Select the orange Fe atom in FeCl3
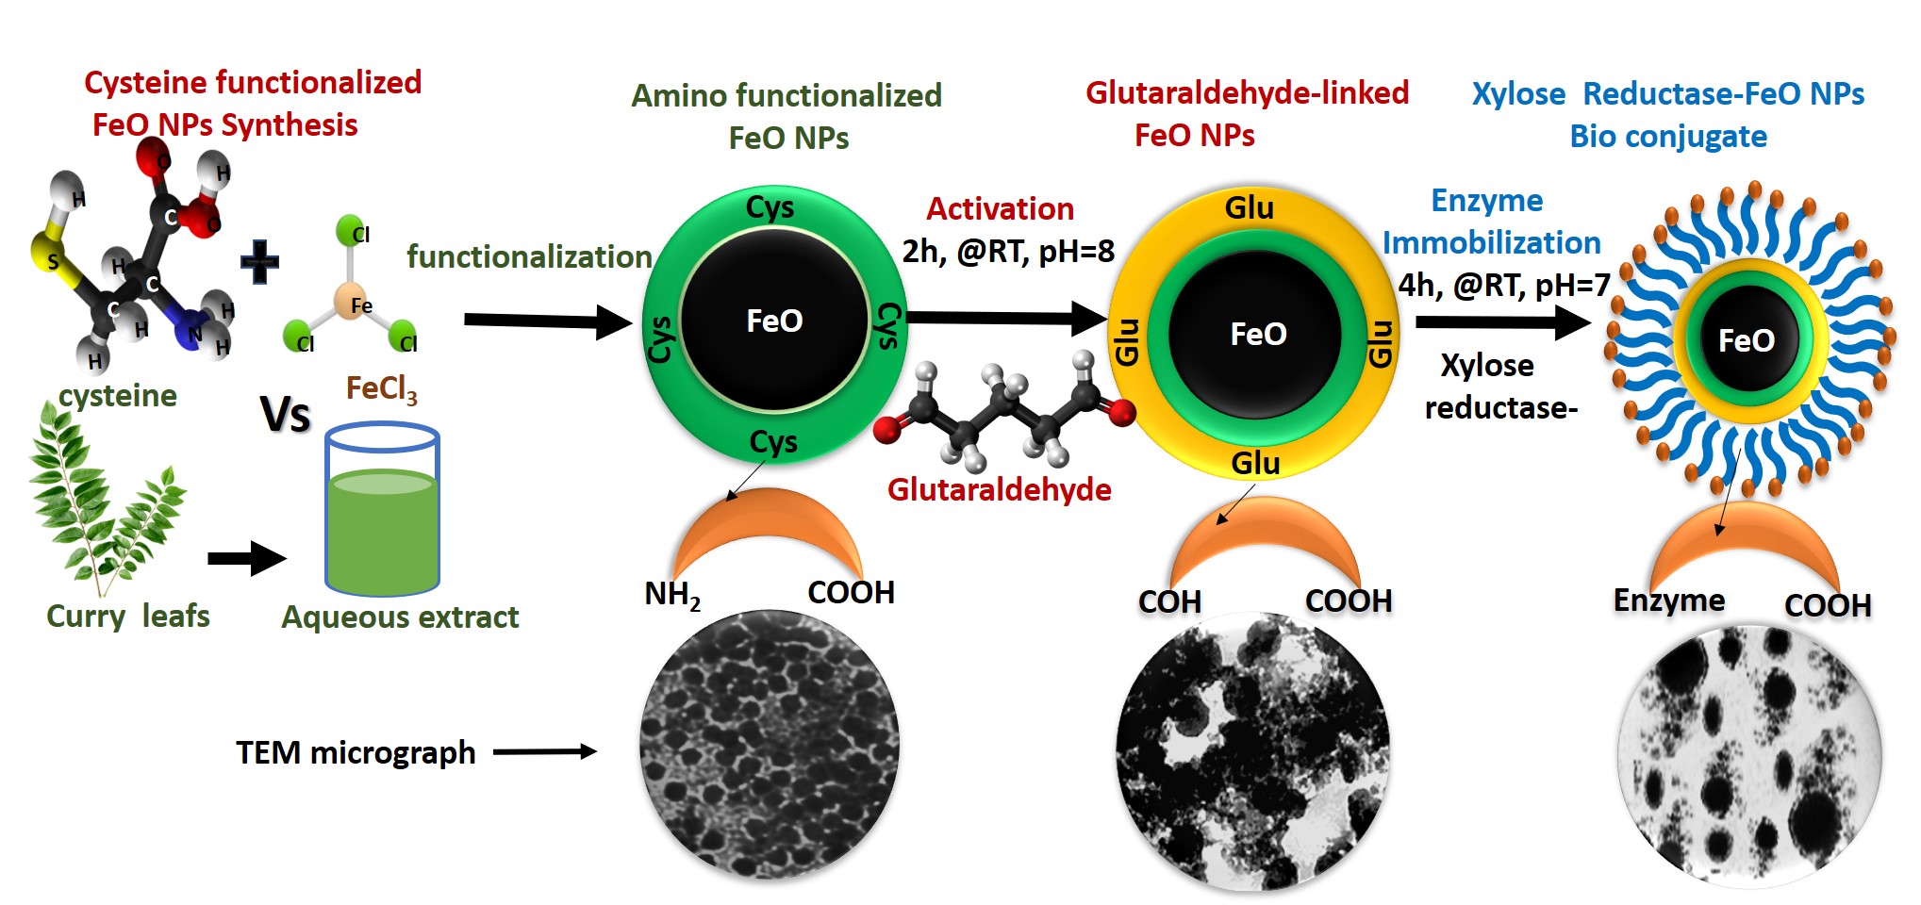pyautogui.click(x=351, y=301)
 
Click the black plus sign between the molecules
pyautogui.click(x=259, y=261)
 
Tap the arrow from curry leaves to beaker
pyautogui.click(x=246, y=558)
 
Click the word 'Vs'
pyautogui.click(x=285, y=414)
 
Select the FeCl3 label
pyautogui.click(x=381, y=387)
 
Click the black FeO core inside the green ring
pyautogui.click(x=774, y=321)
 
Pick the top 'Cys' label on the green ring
pyautogui.click(x=770, y=207)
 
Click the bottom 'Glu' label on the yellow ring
pyautogui.click(x=1255, y=463)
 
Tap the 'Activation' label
pyautogui.click(x=1000, y=208)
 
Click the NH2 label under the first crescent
pyautogui.click(x=672, y=594)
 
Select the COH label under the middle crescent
pyautogui.click(x=1169, y=601)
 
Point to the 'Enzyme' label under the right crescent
pyautogui.click(x=1668, y=601)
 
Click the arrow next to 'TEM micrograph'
pyautogui.click(x=545, y=751)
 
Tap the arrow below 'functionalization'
pyautogui.click(x=547, y=321)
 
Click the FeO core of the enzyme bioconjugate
pyautogui.click(x=1746, y=340)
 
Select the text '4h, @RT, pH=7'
pyautogui.click(x=1503, y=285)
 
